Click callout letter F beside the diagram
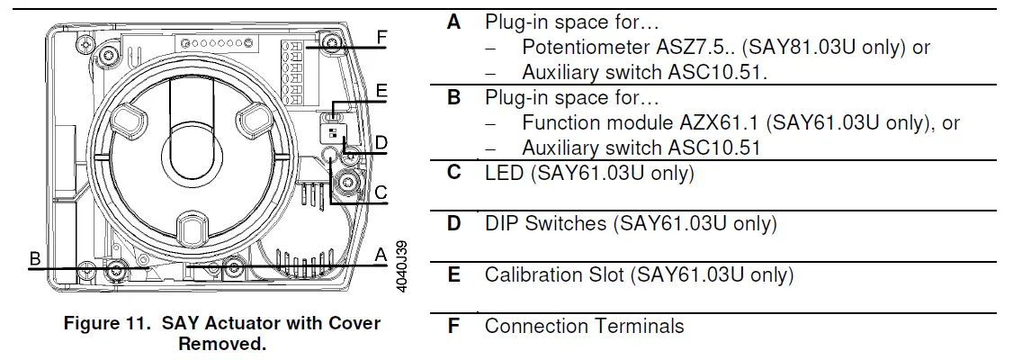click(x=382, y=37)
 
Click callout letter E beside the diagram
click(x=381, y=91)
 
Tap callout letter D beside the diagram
click(x=381, y=143)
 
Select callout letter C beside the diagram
click(x=381, y=191)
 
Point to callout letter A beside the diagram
click(x=381, y=256)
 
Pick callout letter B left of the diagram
click(x=35, y=259)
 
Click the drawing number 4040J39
click(x=401, y=266)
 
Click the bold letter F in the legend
click(x=453, y=326)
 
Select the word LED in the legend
click(x=504, y=172)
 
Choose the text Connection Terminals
click(x=584, y=326)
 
